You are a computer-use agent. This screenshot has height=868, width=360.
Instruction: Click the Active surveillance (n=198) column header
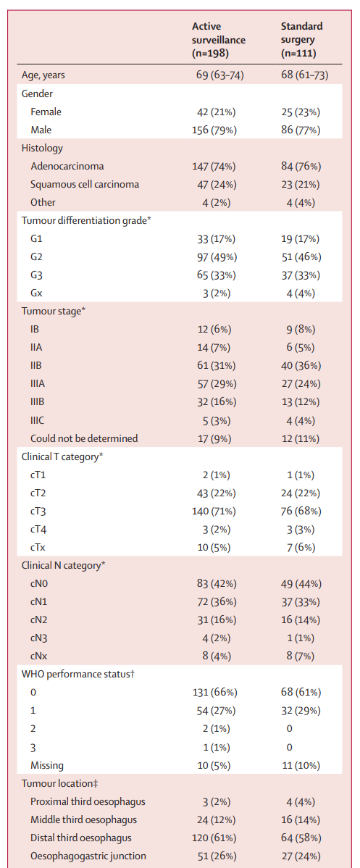[219, 40]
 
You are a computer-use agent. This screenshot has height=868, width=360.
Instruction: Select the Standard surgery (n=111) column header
[302, 40]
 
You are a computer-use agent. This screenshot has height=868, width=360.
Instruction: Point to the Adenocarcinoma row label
[67, 166]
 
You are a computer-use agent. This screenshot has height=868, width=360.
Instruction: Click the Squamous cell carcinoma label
[84, 184]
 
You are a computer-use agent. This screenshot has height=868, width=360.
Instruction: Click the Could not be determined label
[84, 438]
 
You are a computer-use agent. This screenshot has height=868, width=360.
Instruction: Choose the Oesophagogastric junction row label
[88, 856]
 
